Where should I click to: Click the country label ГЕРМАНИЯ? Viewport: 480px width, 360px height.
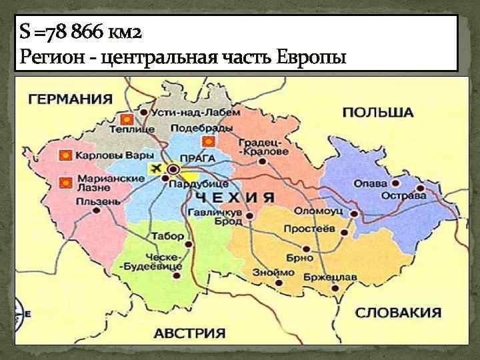[69, 99]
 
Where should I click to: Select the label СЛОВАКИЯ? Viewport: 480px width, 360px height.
[397, 312]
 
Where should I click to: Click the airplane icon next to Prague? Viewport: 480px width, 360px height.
[158, 167]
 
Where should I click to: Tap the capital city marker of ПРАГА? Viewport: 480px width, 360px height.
[173, 169]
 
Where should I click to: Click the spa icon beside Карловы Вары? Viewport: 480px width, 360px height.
[65, 155]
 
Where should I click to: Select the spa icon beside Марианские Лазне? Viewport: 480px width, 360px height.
[65, 182]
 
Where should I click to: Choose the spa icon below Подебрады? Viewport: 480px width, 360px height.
[209, 141]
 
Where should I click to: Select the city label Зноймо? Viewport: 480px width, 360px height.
[273, 273]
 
